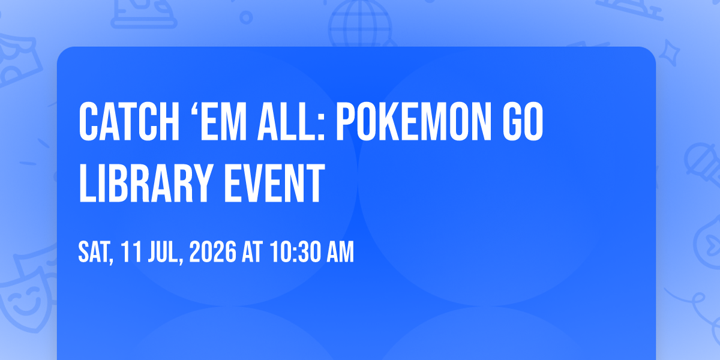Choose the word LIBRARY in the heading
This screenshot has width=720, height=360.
coord(146,183)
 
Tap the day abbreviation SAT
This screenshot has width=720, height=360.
coord(95,253)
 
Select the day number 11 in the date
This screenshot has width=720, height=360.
coord(131,252)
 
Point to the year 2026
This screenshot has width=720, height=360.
coord(213,252)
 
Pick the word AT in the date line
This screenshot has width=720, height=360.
coord(253,252)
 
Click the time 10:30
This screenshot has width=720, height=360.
coord(295,252)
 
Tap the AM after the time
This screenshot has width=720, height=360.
coord(340,252)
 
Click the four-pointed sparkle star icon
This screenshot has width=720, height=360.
coord(669,53)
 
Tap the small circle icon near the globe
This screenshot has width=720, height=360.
coord(246,17)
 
